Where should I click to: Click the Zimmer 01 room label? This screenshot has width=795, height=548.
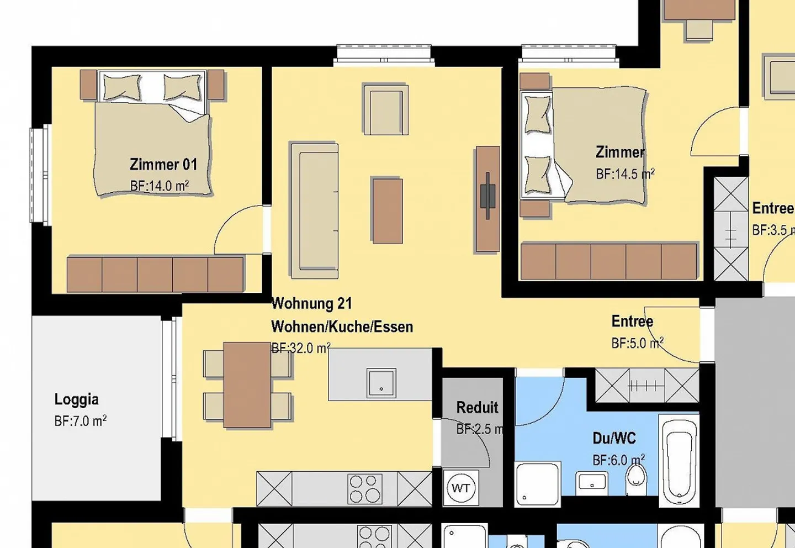(163, 165)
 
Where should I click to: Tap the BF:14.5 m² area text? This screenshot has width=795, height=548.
(625, 174)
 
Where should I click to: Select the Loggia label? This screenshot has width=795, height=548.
(77, 399)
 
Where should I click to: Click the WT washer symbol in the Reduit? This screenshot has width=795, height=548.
(461, 488)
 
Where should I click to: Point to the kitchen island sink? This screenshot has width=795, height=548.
(381, 383)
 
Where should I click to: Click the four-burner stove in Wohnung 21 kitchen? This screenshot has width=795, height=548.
(365, 488)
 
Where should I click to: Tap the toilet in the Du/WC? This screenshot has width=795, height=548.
(636, 479)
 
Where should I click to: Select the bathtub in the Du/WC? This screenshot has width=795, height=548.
(679, 460)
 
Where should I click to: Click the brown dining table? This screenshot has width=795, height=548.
(247, 384)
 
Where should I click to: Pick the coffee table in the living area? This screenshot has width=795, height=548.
(387, 210)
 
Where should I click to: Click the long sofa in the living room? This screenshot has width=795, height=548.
(314, 210)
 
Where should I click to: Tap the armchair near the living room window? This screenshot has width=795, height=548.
(385, 110)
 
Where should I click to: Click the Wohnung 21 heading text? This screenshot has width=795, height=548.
(311, 303)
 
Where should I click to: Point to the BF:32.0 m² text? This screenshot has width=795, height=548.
(300, 348)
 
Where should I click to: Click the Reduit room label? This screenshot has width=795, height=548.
(477, 408)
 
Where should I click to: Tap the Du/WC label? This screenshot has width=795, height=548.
(614, 439)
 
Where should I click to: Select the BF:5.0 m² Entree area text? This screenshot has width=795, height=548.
(637, 343)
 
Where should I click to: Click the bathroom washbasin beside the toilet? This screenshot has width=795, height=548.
(592, 483)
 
